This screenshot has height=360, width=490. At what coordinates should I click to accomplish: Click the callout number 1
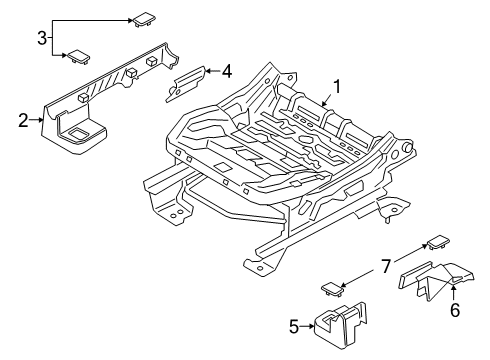pos(337,87)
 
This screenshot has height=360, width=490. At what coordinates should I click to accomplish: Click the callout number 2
pos(22,121)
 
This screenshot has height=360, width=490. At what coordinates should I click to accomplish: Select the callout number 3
pos(41,38)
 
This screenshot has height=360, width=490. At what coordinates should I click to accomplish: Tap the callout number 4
pos(227,71)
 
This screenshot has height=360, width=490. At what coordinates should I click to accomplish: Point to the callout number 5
pos(293,325)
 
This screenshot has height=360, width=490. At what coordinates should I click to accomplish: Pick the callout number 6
pos(455,311)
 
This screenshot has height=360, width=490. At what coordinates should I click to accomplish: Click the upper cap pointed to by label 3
pos(137,18)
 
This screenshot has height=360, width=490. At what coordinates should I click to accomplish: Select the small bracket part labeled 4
pos(187,84)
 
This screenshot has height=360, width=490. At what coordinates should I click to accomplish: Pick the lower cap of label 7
pos(332,290)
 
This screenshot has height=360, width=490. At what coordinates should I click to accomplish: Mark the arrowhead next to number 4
pos(209,71)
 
